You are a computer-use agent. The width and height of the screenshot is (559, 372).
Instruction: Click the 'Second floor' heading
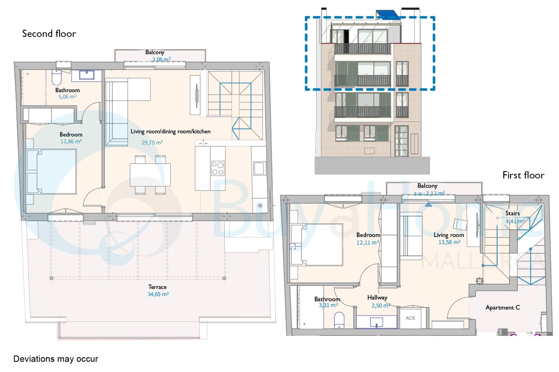[x=49, y=34]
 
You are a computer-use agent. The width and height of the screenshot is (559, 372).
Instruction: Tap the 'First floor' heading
[x=523, y=175]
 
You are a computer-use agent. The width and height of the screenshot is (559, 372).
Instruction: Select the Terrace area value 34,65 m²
[x=158, y=294]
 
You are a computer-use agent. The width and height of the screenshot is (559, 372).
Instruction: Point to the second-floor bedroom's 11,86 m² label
[x=71, y=141]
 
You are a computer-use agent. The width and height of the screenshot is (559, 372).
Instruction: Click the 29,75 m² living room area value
[x=152, y=142]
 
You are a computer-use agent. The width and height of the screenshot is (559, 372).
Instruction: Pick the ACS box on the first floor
[x=410, y=318]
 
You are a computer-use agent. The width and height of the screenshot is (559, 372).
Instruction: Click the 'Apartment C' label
[x=503, y=307]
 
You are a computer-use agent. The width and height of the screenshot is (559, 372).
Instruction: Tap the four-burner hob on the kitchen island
[x=218, y=168]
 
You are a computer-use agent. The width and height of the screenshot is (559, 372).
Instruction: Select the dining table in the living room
[x=150, y=175]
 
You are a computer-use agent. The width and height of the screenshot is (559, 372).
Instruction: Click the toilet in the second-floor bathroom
[x=56, y=77]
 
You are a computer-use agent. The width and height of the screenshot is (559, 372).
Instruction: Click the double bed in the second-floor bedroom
[x=52, y=171]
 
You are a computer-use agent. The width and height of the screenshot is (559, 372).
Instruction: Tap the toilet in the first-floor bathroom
[x=339, y=320]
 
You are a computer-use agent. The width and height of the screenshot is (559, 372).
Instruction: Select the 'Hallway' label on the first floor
[x=377, y=297]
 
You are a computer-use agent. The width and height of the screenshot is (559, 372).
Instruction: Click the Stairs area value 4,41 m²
[x=515, y=221]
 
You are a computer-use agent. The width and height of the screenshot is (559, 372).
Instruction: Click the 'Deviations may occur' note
[x=56, y=359]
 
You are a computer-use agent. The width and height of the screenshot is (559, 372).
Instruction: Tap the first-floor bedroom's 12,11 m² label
[x=368, y=242]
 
